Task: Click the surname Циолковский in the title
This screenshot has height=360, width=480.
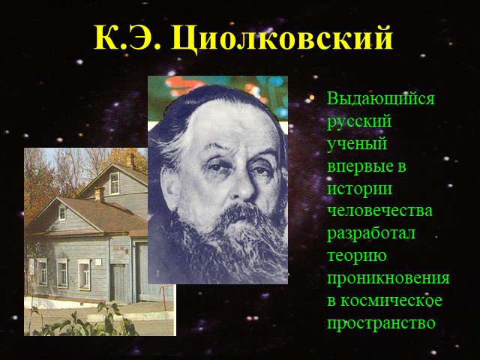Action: tap(282, 39)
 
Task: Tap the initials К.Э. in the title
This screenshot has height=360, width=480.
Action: tap(127, 37)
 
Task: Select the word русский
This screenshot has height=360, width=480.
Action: tap(359, 122)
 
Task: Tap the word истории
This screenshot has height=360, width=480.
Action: tap(360, 188)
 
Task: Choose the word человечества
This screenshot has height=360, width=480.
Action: tap(380, 211)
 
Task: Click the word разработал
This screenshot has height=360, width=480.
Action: tap(371, 233)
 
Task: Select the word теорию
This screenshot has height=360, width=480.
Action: tap(357, 256)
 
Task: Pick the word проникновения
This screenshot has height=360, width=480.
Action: tap(388, 278)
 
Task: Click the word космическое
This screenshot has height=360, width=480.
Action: tap(391, 301)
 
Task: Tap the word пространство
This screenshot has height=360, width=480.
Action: tap(381, 323)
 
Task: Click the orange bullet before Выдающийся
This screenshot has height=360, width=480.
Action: tap(312, 97)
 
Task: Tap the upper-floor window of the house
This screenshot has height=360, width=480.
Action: tap(115, 184)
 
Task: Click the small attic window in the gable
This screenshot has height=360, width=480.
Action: tap(62, 213)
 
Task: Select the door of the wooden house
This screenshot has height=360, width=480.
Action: tap(118, 283)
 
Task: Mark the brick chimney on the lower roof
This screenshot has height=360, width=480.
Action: tap(99, 193)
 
